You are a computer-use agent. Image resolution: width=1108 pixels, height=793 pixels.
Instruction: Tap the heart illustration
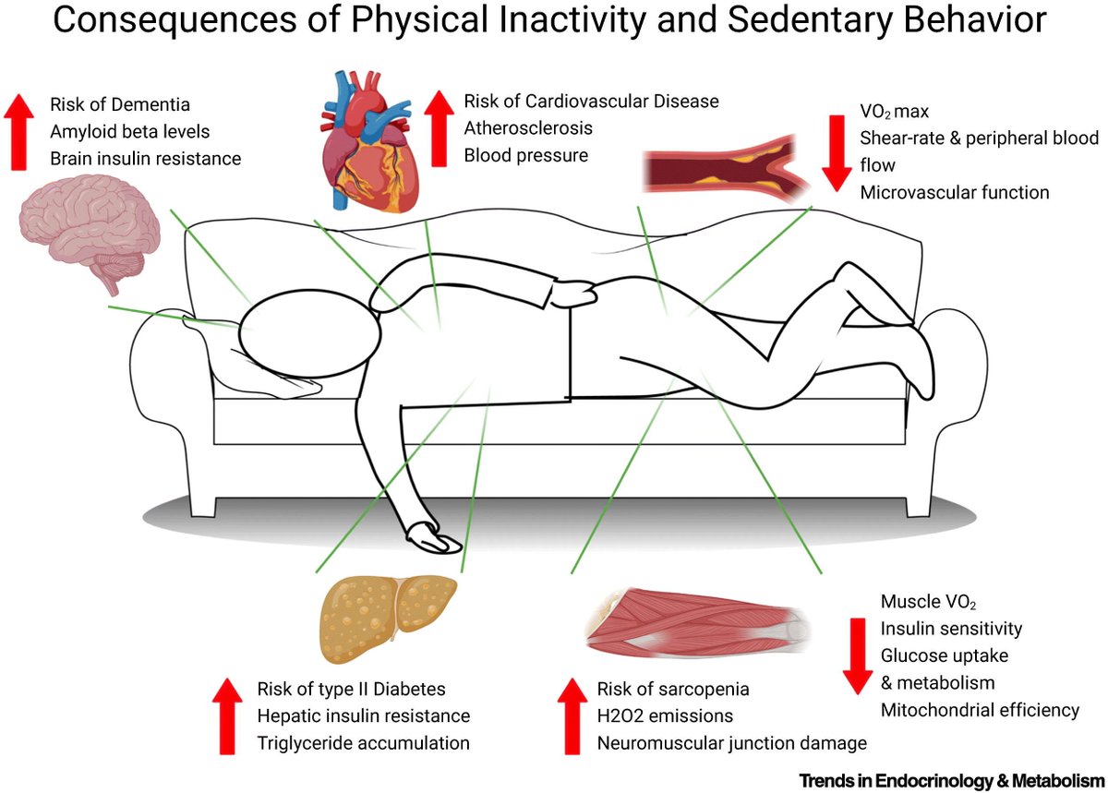pyautogui.click(x=364, y=138)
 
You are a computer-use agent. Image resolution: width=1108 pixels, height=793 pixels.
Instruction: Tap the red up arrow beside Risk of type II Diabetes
pyautogui.click(x=226, y=715)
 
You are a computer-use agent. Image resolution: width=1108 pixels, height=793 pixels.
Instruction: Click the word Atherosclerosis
pyautogui.click(x=528, y=128)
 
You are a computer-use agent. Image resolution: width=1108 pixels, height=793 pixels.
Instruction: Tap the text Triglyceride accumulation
pyautogui.click(x=363, y=743)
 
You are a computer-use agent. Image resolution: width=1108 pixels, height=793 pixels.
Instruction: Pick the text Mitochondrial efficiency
pyautogui.click(x=979, y=710)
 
